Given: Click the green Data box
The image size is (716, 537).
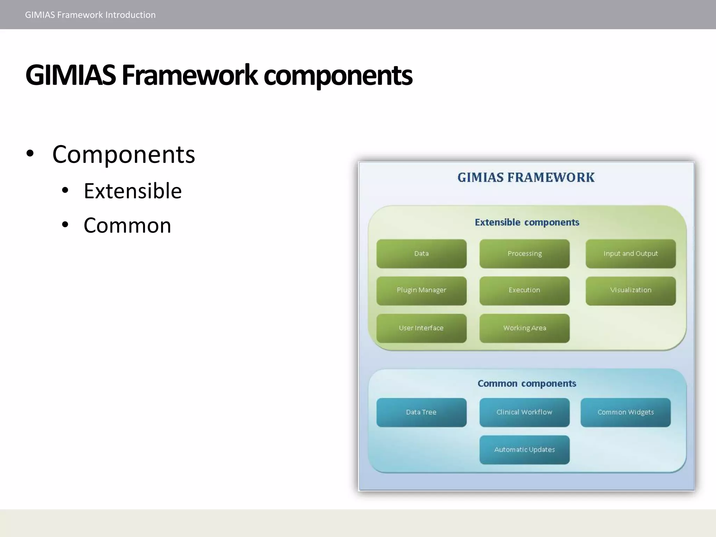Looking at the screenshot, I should (421, 254).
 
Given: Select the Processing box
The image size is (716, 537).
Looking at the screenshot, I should (524, 254).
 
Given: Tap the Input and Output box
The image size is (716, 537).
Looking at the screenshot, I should (630, 254).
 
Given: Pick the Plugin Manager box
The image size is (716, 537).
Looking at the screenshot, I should (421, 291).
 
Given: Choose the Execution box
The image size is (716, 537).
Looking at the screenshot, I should (524, 291).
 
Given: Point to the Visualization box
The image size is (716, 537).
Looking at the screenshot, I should (630, 291).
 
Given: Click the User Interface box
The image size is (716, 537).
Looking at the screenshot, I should (421, 328).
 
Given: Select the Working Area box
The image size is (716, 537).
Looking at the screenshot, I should (524, 328).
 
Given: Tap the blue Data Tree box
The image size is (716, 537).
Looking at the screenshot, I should (421, 412).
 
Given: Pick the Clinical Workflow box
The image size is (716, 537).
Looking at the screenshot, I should (524, 412).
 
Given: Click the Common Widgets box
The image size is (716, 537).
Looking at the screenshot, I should (625, 412).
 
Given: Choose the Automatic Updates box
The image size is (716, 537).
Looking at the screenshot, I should (524, 450).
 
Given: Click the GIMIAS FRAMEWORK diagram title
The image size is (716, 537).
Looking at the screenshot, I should (526, 178).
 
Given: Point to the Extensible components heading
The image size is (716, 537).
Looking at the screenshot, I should (527, 222).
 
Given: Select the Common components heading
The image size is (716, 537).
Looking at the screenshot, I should (527, 384).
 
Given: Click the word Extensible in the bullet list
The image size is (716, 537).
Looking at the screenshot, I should (133, 191).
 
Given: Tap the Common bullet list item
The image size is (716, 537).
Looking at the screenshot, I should (127, 225).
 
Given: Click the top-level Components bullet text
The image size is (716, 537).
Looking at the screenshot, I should (123, 154).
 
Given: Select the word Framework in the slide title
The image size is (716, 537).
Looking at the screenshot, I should (189, 75).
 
